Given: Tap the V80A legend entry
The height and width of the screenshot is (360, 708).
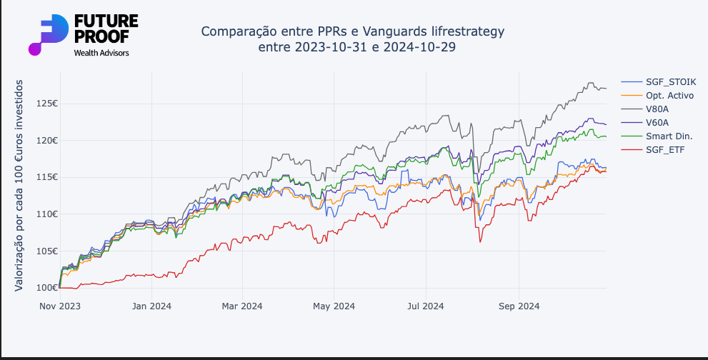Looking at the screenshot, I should pos(657,109).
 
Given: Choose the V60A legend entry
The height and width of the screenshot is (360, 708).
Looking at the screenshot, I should pos(657,122).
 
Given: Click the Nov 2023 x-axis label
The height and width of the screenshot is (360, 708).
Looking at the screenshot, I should pos(59,306).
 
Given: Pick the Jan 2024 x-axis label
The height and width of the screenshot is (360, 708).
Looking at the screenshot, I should pos(151,306).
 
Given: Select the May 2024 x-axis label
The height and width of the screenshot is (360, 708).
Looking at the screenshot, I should pos(334,306).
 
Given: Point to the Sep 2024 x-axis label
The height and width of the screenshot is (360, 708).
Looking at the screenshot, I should pos(519,306).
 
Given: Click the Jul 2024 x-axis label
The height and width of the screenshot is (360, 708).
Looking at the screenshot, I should pos(426,306).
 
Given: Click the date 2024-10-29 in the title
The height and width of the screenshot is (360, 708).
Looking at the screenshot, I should pos(419,46).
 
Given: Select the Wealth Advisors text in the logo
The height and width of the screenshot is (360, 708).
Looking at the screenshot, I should pos(101,52).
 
